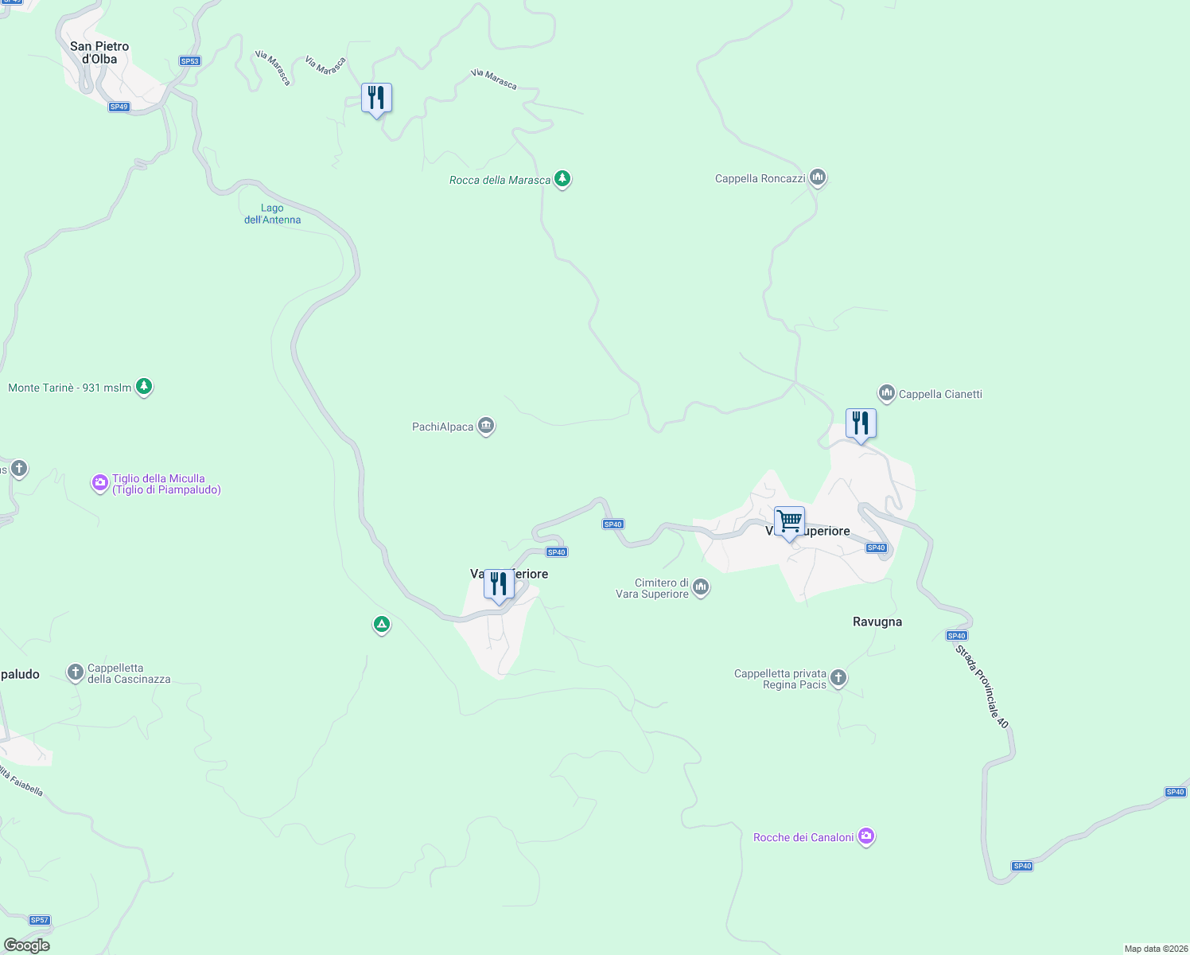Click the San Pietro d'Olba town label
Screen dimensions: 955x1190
99,53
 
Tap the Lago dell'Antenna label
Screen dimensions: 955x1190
272,214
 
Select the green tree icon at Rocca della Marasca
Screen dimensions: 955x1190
562,178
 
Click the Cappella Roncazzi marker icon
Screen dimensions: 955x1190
818,177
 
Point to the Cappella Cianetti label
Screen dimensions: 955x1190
940,394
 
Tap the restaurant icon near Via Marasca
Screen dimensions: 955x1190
376,99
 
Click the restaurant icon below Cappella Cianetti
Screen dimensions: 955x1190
861,423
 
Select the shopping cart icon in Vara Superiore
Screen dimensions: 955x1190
789,522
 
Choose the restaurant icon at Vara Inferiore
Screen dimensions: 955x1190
499,585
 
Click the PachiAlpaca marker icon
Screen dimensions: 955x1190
486,426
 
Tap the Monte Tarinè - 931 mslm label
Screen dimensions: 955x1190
70,388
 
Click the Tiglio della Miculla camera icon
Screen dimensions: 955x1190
99,482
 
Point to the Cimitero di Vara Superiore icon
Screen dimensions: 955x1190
701,587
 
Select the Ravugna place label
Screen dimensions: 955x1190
877,622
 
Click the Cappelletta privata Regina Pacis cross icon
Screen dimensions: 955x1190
838,678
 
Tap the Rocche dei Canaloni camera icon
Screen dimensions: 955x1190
866,836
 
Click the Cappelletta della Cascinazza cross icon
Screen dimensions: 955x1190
76,673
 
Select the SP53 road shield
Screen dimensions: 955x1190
189,61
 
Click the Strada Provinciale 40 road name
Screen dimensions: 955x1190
982,686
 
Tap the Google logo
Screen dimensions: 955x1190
27,945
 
